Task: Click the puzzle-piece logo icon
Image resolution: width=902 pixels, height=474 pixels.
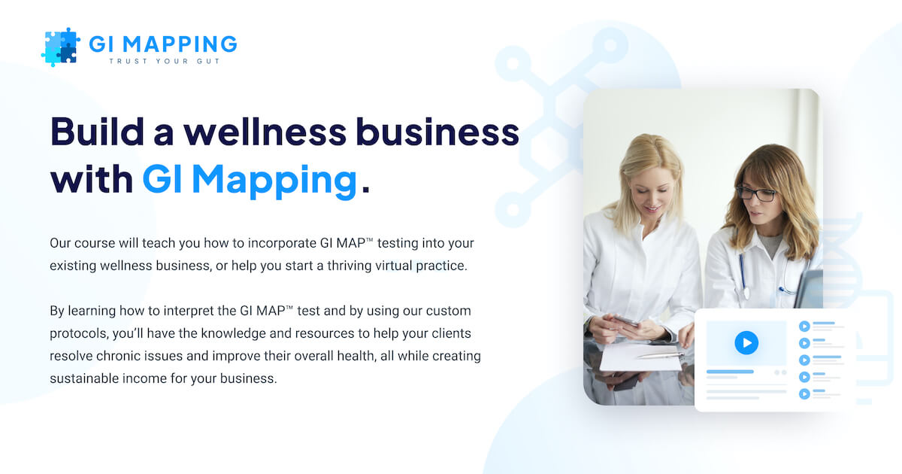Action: coord(61,47)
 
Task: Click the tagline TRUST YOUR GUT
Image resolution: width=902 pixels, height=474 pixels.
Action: coord(165,61)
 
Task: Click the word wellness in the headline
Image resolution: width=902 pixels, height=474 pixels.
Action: coord(265,132)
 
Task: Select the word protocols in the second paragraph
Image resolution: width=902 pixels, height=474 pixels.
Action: coord(77,333)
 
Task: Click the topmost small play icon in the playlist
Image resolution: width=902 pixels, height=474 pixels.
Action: coord(804,327)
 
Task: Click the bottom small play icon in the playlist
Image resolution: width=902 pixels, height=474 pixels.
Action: coord(804,393)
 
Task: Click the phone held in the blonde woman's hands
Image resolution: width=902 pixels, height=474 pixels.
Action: coord(628,321)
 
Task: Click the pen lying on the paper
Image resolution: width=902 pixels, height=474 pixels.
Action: coord(658,354)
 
